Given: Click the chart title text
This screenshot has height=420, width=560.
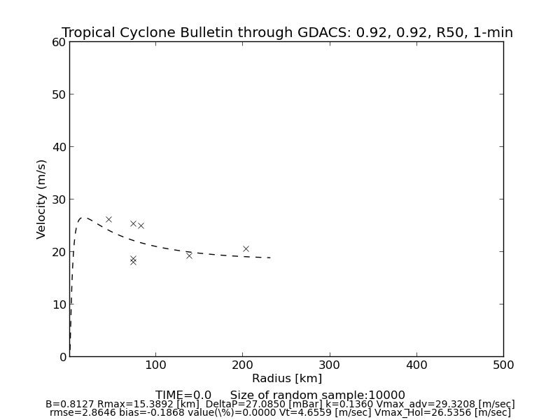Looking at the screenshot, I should pos(287,33).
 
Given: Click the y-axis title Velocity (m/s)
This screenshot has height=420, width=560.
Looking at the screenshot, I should pos(42,199).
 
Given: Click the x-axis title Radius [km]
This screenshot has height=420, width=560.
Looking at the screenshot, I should pos(287,379).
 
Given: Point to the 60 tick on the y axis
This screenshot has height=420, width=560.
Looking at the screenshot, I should pos(59,42).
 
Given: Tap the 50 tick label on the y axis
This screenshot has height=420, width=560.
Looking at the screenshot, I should pos(59,94).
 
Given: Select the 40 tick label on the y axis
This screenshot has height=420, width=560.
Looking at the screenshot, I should pos(59,147).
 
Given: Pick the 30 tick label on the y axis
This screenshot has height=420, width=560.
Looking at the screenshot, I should pos(59,199).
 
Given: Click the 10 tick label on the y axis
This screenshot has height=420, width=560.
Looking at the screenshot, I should pos(59,304).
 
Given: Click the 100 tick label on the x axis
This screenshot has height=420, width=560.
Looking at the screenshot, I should pos(156,365).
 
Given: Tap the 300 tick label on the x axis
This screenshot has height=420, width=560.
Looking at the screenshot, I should pos(330,365).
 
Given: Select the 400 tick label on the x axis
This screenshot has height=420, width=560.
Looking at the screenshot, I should pos(416,365).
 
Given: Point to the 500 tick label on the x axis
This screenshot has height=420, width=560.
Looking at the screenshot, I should pos(503,365).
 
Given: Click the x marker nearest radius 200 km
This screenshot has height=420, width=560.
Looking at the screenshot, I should pos(246,248).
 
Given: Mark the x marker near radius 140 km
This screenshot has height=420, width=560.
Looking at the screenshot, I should pos(189,255).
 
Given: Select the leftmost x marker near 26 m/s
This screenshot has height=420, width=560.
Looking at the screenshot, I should pos(108,219).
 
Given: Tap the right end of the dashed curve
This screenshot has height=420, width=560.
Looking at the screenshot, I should pos(271,258).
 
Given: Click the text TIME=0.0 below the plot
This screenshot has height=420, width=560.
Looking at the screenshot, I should pos(183,395).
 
